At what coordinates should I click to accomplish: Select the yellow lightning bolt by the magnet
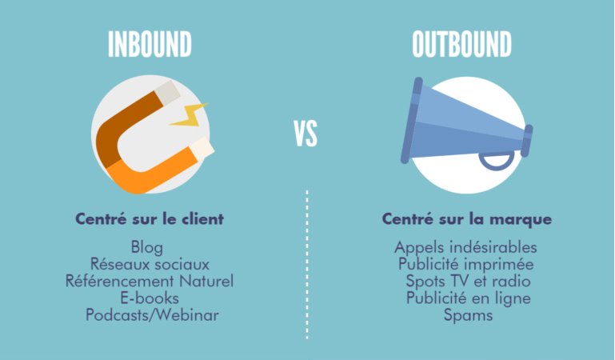tap(189, 115)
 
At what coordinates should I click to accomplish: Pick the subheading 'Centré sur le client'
tap(149, 218)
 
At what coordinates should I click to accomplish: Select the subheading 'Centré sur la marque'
tap(467, 218)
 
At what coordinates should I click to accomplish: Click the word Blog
tap(149, 247)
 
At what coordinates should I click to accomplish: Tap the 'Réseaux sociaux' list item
tap(149, 264)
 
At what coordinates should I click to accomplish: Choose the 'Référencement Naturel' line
tap(150, 281)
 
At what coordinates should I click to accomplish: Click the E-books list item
tap(149, 298)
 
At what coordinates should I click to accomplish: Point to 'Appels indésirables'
tap(465, 247)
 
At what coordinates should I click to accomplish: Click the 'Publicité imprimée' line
tap(465, 264)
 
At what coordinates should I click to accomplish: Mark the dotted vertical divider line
tap(307, 264)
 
